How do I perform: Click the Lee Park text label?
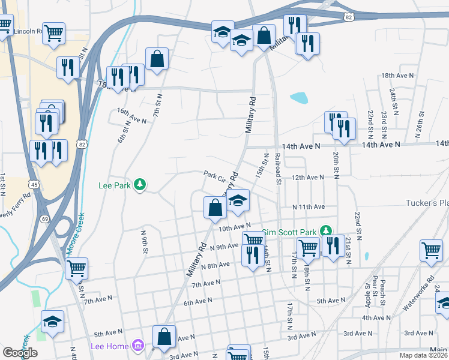pyautogui.click(x=114, y=186)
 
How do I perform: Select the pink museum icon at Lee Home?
pyautogui.click(x=138, y=346)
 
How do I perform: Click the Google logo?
pyautogui.click(x=20, y=353)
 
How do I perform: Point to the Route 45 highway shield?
pyautogui.click(x=35, y=185)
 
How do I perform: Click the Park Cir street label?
pyautogui.click(x=214, y=175)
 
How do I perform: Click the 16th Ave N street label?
pyautogui.click(x=131, y=116)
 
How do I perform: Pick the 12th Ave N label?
pyautogui.click(x=308, y=178)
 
